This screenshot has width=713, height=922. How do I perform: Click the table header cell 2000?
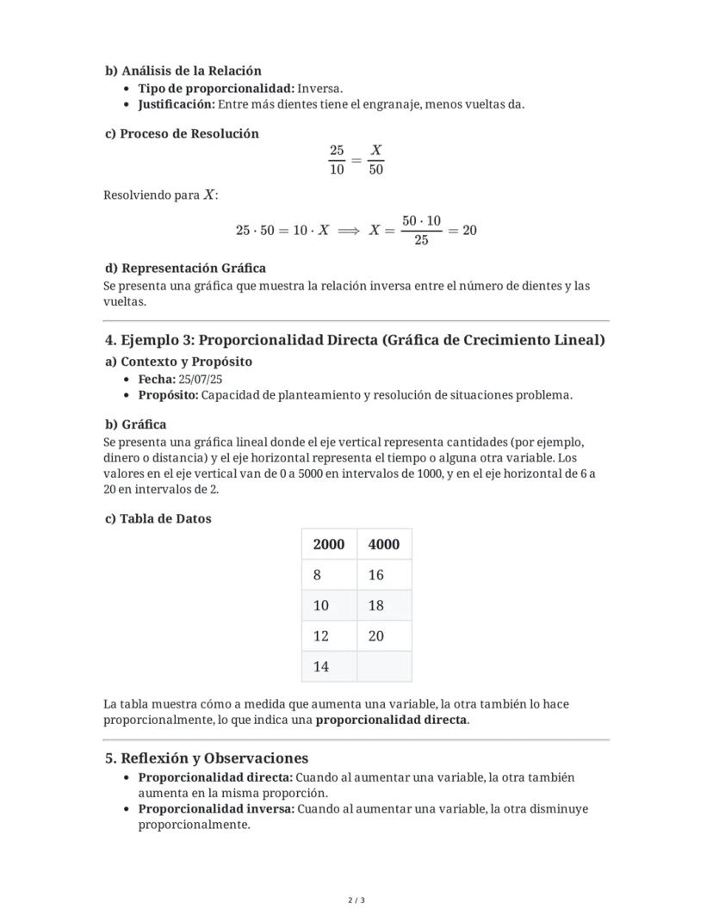click(329, 544)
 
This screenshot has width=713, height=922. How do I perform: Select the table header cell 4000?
click(384, 544)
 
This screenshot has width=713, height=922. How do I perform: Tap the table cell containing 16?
click(384, 575)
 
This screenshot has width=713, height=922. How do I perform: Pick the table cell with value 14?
click(329, 666)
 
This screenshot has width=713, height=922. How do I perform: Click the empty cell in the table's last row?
click(384, 666)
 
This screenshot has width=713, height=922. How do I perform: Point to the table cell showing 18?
click(384, 605)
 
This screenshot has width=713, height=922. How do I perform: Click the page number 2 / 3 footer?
click(356, 900)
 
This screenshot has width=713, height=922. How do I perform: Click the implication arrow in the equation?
click(349, 231)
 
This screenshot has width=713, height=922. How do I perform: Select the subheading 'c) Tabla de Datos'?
click(158, 518)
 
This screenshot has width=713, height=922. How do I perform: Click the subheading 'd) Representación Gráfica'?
click(185, 268)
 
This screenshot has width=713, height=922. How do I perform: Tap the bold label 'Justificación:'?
click(176, 104)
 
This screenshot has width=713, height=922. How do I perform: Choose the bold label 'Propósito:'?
click(168, 395)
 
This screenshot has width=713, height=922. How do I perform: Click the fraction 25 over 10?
click(337, 159)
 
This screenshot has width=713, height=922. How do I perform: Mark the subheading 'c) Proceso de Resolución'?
click(182, 133)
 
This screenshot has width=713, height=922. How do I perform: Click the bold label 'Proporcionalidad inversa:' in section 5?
click(216, 809)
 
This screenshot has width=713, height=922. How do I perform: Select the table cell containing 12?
click(329, 636)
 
